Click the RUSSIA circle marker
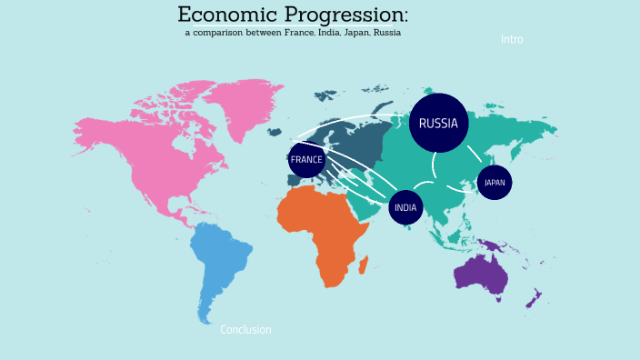438,124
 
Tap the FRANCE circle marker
306,160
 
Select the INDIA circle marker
405,207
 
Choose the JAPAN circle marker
494,182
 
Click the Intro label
512,40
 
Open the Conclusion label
245,330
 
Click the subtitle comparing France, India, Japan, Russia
293,33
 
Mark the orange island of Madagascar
365,265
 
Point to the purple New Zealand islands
535,297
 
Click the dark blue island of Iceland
275,132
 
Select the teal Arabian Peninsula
365,205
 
